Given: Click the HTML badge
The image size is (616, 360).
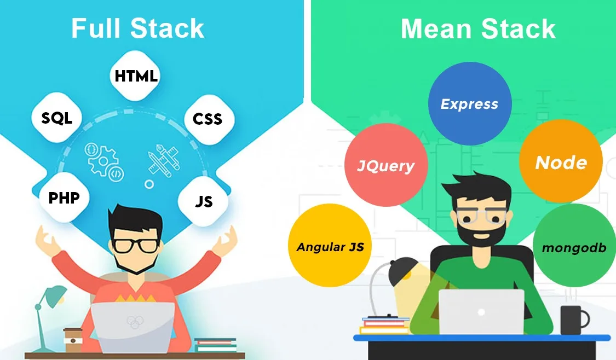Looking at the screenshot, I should point(136,76).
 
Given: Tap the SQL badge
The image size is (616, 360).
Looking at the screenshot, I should point(57,118).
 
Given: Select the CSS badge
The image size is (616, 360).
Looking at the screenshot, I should point(208,119).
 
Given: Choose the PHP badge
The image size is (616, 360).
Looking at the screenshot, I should point(64,198).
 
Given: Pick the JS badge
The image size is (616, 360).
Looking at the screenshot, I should point(203,202).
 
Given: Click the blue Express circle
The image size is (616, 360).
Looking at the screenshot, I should point(469,104).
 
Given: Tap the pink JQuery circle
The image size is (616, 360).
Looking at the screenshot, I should point(385,165).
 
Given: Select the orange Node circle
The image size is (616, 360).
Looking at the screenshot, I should point(561,162).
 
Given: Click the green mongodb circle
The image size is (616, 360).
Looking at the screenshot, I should point(574,247).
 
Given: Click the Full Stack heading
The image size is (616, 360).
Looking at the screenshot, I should point(137,29).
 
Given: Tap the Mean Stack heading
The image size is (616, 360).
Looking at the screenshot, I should point(478,29).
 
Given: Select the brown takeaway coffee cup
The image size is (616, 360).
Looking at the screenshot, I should point(72,340).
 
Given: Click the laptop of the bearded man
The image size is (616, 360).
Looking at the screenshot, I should point(481,312).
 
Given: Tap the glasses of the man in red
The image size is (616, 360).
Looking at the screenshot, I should point(136,245).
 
